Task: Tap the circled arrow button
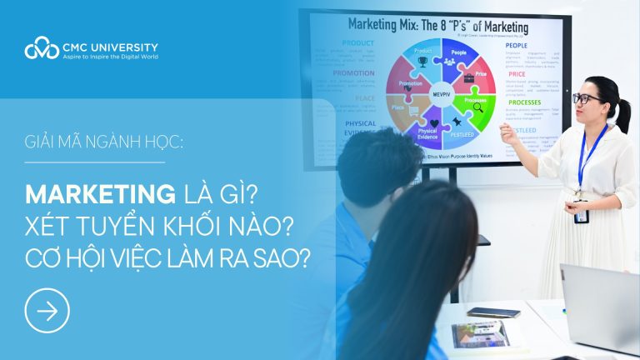point(47,311)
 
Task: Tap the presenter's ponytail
point(621,116)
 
